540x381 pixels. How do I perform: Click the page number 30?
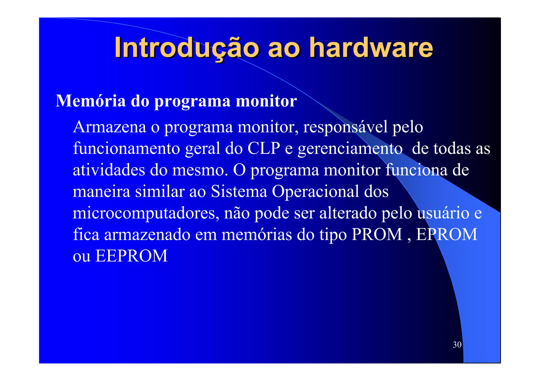[457, 345]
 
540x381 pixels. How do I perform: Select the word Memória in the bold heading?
[91, 101]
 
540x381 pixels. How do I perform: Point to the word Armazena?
[109, 127]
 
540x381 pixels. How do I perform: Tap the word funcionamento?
[127, 149]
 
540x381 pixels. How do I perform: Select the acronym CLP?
[263, 149]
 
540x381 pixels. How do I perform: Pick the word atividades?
[109, 170]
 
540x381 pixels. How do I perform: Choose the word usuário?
[443, 213]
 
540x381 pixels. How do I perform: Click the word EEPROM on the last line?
[131, 256]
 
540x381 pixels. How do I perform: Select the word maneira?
[102, 191]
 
